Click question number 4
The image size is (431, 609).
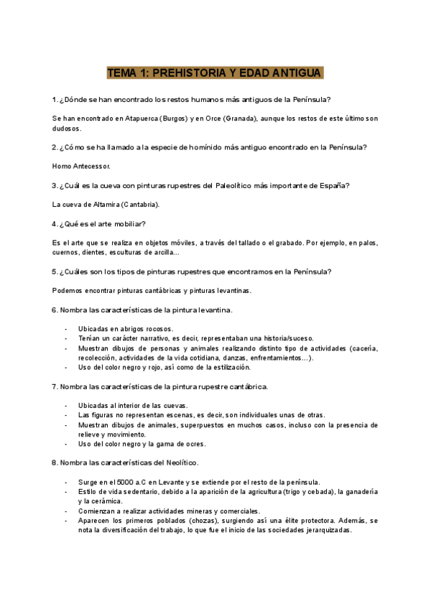tap(55, 224)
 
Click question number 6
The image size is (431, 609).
tap(55, 310)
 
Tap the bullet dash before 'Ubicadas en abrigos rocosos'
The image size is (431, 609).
tap(66, 328)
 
